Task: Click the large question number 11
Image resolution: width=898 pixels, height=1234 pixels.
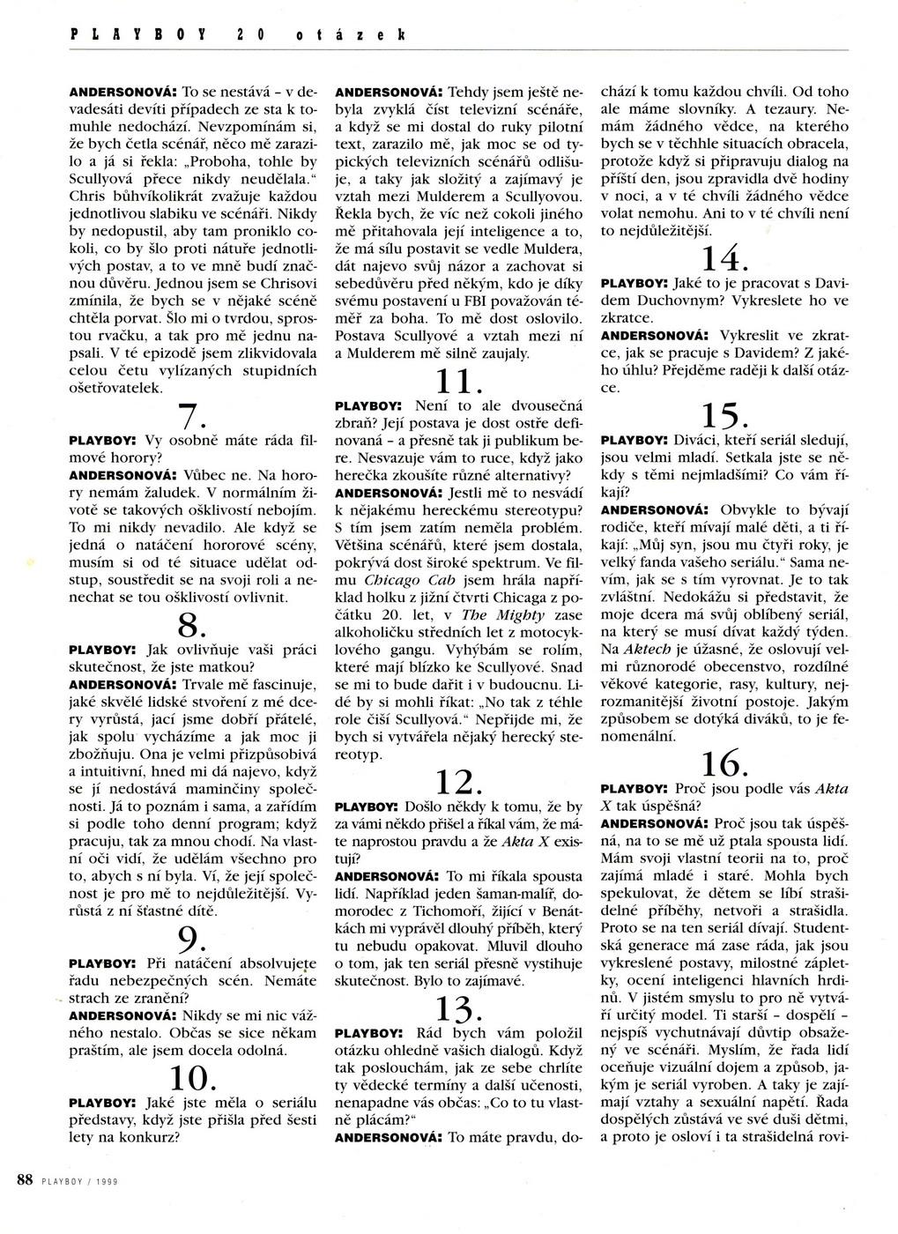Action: coord(457,381)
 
